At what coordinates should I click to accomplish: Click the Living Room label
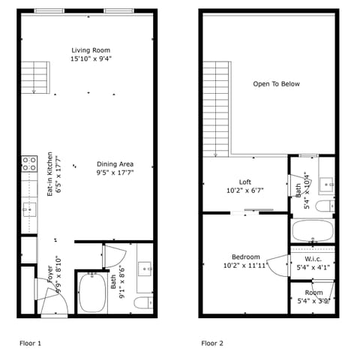91,50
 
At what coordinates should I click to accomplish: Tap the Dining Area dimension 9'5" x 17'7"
115,173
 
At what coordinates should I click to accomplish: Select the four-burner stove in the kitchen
29,164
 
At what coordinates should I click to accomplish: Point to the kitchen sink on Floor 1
29,208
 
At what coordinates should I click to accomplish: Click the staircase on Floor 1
34,77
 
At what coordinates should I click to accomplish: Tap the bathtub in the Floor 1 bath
92,293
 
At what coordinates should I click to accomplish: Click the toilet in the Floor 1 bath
142,302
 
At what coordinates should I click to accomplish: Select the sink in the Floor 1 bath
145,266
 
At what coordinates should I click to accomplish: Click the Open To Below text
276,84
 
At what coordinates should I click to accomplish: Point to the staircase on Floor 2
215,109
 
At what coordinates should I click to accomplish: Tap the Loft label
245,182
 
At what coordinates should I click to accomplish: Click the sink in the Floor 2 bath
326,182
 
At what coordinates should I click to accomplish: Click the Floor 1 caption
30,342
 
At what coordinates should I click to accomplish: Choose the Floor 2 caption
212,342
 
